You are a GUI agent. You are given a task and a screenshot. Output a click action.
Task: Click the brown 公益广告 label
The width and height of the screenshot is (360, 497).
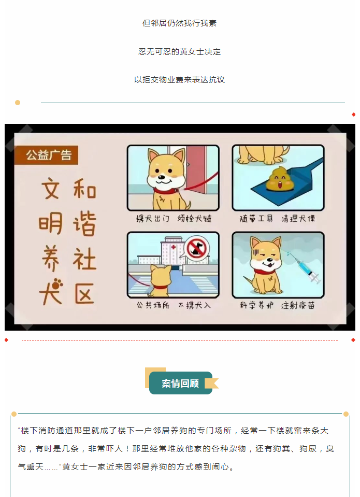click(x=46, y=155)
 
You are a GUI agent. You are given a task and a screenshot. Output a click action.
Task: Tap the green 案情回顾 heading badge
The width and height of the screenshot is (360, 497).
click(x=181, y=383)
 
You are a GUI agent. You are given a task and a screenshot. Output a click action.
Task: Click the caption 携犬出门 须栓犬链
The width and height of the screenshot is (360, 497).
click(x=174, y=218)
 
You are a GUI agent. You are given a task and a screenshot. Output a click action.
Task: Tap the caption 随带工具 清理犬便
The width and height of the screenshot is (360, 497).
click(x=277, y=218)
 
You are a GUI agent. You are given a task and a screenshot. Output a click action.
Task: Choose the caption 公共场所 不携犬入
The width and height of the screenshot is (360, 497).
click(x=174, y=305)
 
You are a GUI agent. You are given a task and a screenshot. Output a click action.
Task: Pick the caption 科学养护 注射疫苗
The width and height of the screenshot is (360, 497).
click(x=277, y=305)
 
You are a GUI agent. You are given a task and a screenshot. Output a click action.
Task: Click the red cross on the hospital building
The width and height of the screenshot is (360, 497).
click(x=173, y=247)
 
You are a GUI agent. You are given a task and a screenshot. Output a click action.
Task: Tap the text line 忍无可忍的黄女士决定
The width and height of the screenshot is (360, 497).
click(x=180, y=51)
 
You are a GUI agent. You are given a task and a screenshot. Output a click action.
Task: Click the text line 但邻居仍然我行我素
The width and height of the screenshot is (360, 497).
click(x=180, y=23)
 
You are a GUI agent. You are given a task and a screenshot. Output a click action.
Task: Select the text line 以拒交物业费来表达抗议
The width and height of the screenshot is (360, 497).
click(x=180, y=80)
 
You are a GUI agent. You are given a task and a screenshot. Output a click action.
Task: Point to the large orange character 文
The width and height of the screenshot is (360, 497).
click(x=50, y=189)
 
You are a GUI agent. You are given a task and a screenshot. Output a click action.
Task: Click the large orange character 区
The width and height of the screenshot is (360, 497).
click(x=84, y=293)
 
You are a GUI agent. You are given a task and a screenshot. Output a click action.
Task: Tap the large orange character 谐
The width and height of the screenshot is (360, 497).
click(x=84, y=224)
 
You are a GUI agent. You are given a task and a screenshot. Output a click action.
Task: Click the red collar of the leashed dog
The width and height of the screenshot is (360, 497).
click(x=165, y=191)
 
